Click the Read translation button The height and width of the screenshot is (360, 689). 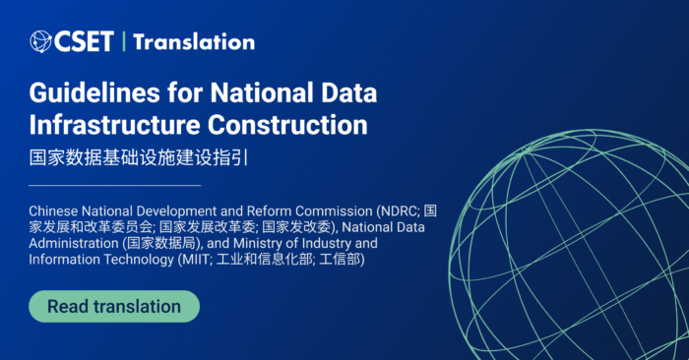click(x=113, y=306)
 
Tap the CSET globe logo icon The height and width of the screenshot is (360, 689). click(x=41, y=41)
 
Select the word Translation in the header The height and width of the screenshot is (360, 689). click(x=194, y=41)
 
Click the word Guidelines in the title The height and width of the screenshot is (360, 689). click(x=82, y=95)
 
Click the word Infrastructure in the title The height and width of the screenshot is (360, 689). click(x=115, y=126)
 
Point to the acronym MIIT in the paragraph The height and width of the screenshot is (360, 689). click(x=212, y=259)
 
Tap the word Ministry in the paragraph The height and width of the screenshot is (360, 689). click(x=274, y=243)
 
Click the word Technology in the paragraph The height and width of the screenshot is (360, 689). click(x=138, y=259)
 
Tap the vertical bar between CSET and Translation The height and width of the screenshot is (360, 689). click(x=124, y=41)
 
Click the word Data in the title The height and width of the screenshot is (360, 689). click(x=346, y=95)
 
